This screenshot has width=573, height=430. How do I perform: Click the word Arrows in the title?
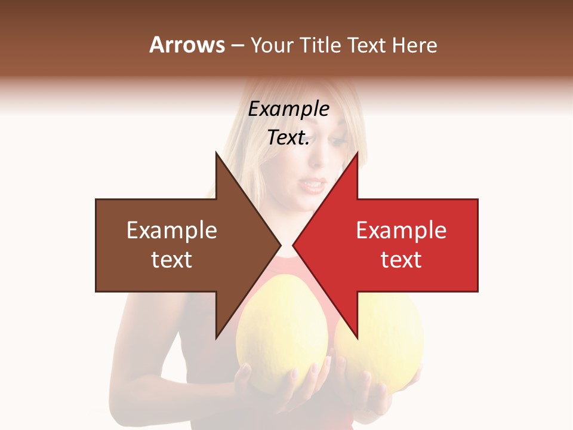pyautogui.click(x=187, y=45)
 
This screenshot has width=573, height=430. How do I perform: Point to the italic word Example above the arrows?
pyautogui.click(x=288, y=109)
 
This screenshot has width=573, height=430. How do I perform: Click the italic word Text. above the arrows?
pyautogui.click(x=288, y=137)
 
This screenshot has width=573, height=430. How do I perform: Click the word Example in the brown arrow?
pyautogui.click(x=172, y=231)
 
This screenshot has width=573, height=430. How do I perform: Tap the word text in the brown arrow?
pyautogui.click(x=172, y=260)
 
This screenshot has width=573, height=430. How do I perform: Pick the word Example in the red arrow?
pyautogui.click(x=401, y=231)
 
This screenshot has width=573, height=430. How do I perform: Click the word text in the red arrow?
pyautogui.click(x=401, y=260)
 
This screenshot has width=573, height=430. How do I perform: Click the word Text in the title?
pyautogui.click(x=366, y=45)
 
